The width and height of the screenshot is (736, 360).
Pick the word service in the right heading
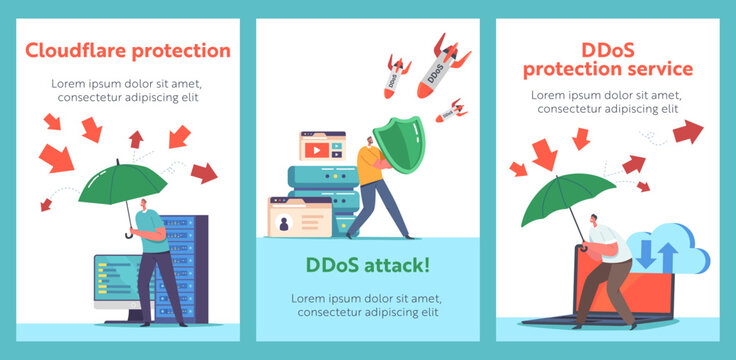pyautogui.click(x=656, y=69)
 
